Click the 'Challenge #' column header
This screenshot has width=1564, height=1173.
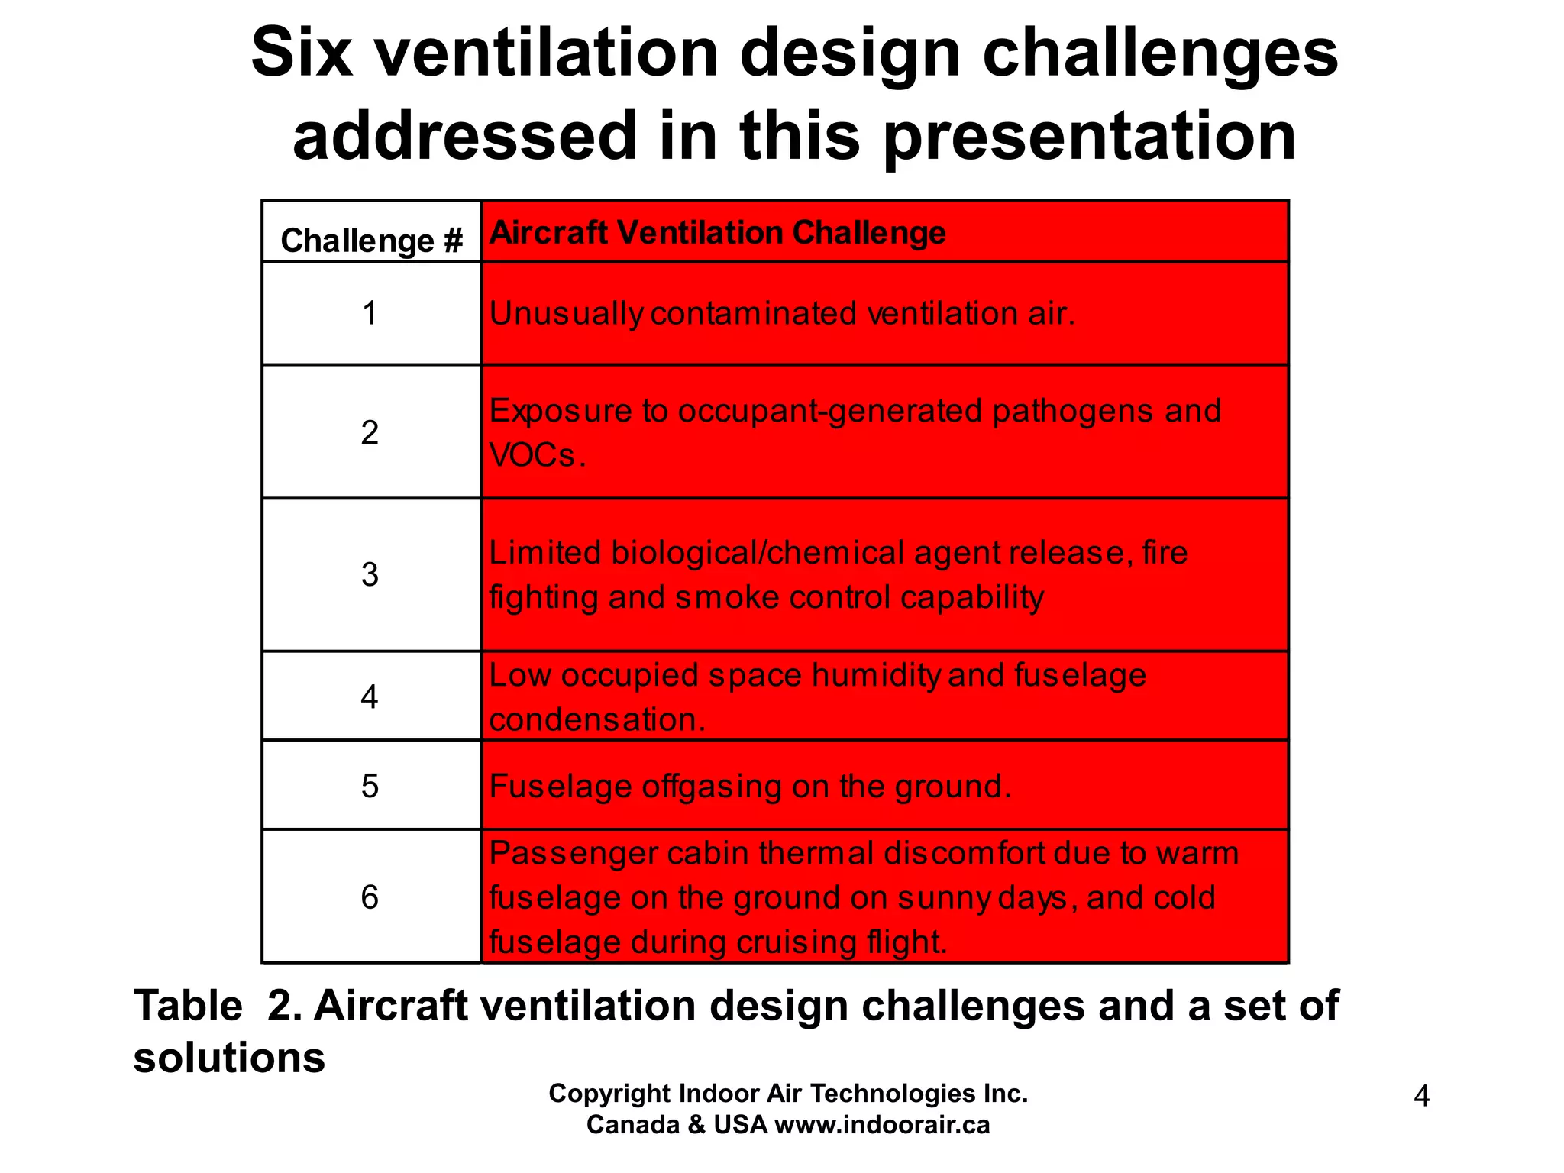click(372, 241)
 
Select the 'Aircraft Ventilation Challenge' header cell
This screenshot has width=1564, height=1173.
click(717, 233)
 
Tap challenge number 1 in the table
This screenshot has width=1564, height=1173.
click(370, 314)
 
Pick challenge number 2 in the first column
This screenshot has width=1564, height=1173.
click(370, 433)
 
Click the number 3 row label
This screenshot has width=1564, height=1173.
click(370, 574)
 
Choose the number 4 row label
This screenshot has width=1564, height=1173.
click(370, 696)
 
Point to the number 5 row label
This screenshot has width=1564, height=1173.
click(370, 786)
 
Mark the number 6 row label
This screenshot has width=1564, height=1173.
click(370, 897)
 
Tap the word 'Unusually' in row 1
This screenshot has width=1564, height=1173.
click(566, 314)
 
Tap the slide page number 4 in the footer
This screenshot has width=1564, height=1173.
click(1421, 1097)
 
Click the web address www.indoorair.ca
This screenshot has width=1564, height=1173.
click(882, 1125)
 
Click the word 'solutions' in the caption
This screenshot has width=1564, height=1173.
click(229, 1058)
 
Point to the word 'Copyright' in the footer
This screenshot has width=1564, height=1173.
click(609, 1094)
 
